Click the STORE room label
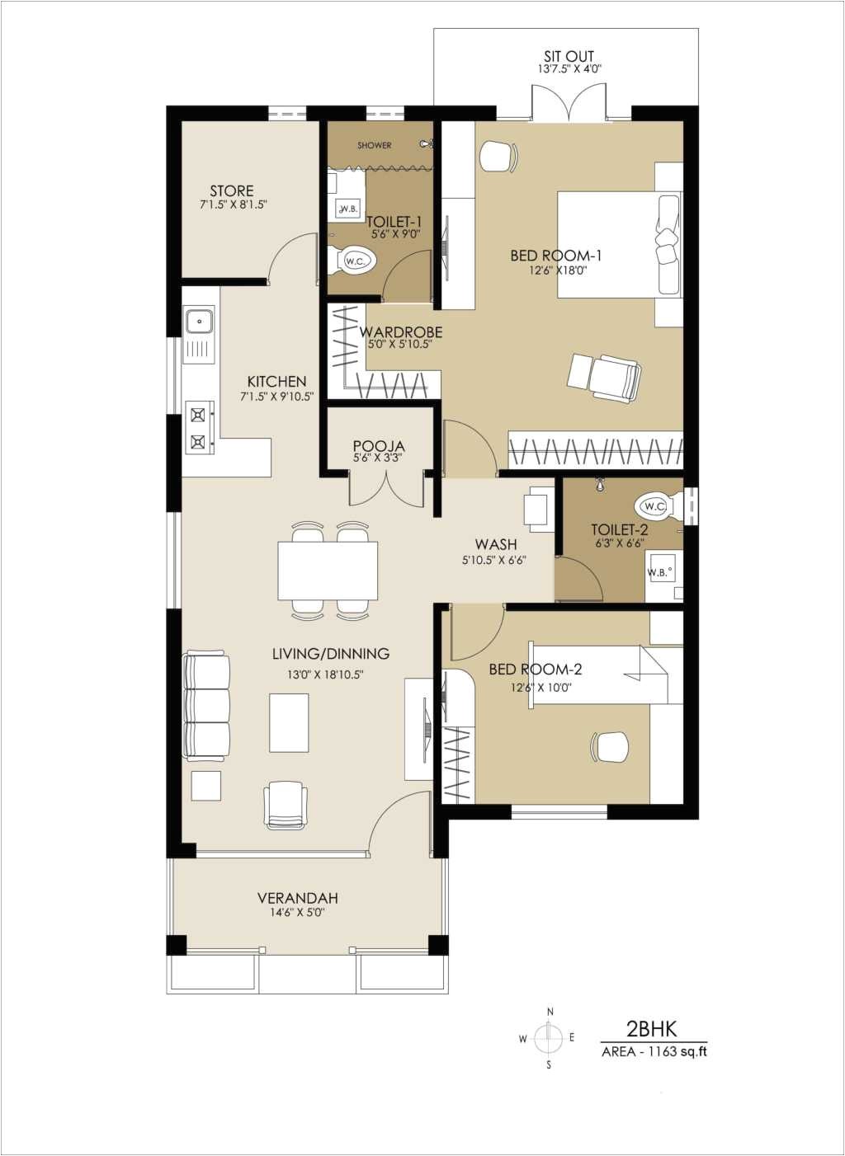tap(231, 190)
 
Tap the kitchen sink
tap(200, 321)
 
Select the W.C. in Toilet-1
tap(356, 261)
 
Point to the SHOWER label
tap(375, 145)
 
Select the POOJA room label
tap(379, 446)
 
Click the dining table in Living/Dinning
tap(328, 571)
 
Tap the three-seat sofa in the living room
tap(207, 706)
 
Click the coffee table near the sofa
tap(289, 723)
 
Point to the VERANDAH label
tap(297, 898)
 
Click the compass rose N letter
tap(550, 1012)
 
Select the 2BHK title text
tap(651, 1028)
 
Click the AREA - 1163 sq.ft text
tap(654, 1051)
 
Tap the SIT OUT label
tap(569, 57)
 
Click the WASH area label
tap(495, 544)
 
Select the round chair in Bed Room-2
tap(611, 747)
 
